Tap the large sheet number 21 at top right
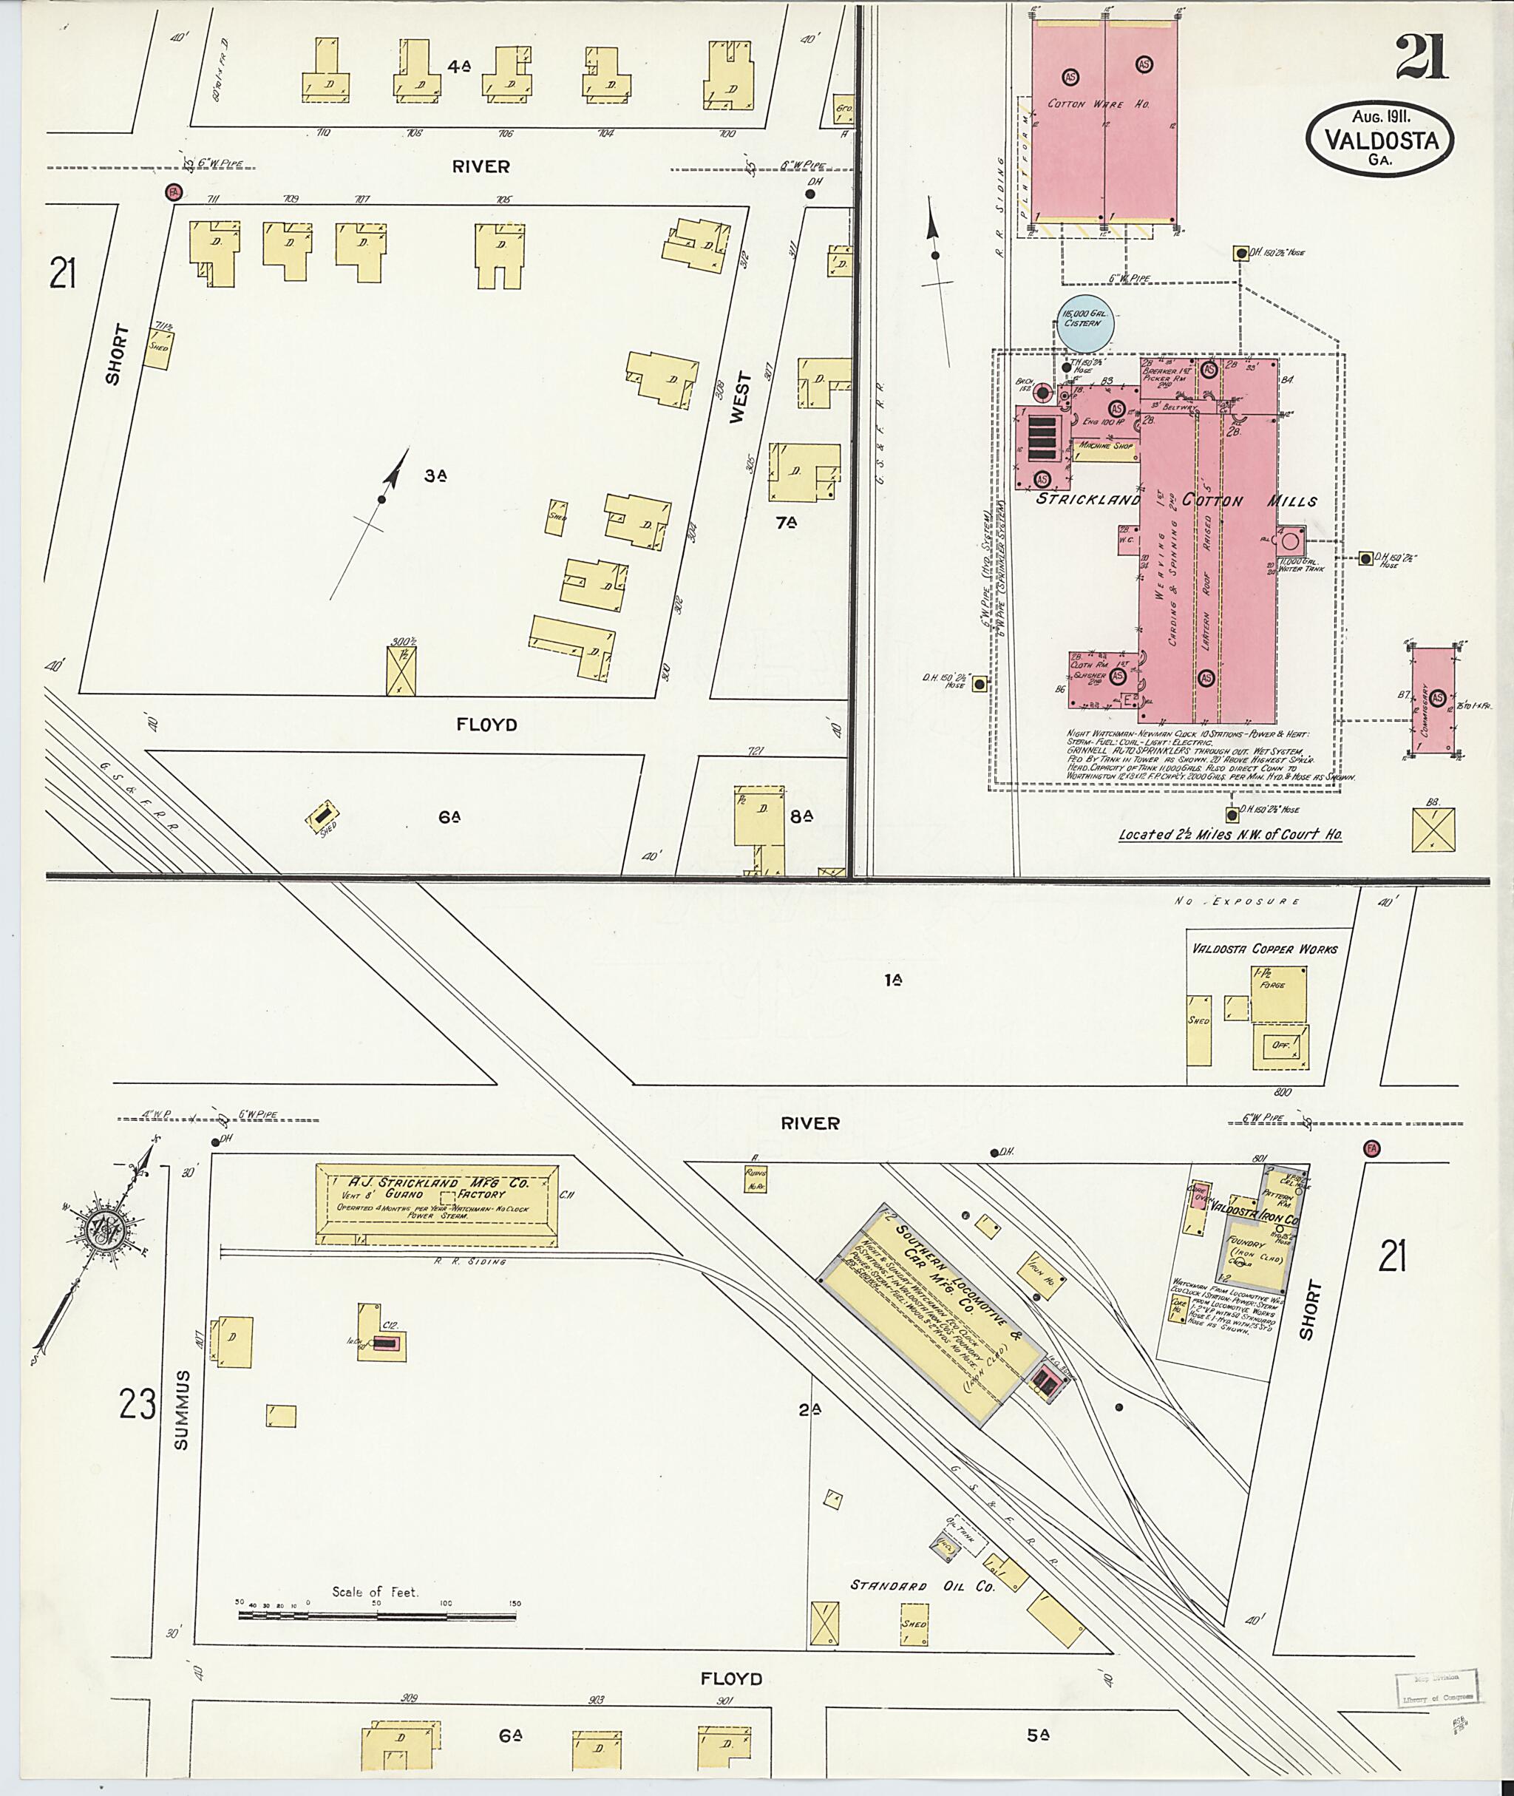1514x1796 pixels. pos(1422,58)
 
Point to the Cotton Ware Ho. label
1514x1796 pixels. pos(1098,104)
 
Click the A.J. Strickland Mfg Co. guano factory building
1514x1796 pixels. pos(437,1204)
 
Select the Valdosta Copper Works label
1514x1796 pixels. pos(1264,949)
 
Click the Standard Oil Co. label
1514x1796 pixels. pos(922,1586)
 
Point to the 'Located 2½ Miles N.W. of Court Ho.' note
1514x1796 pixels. pos(1230,833)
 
